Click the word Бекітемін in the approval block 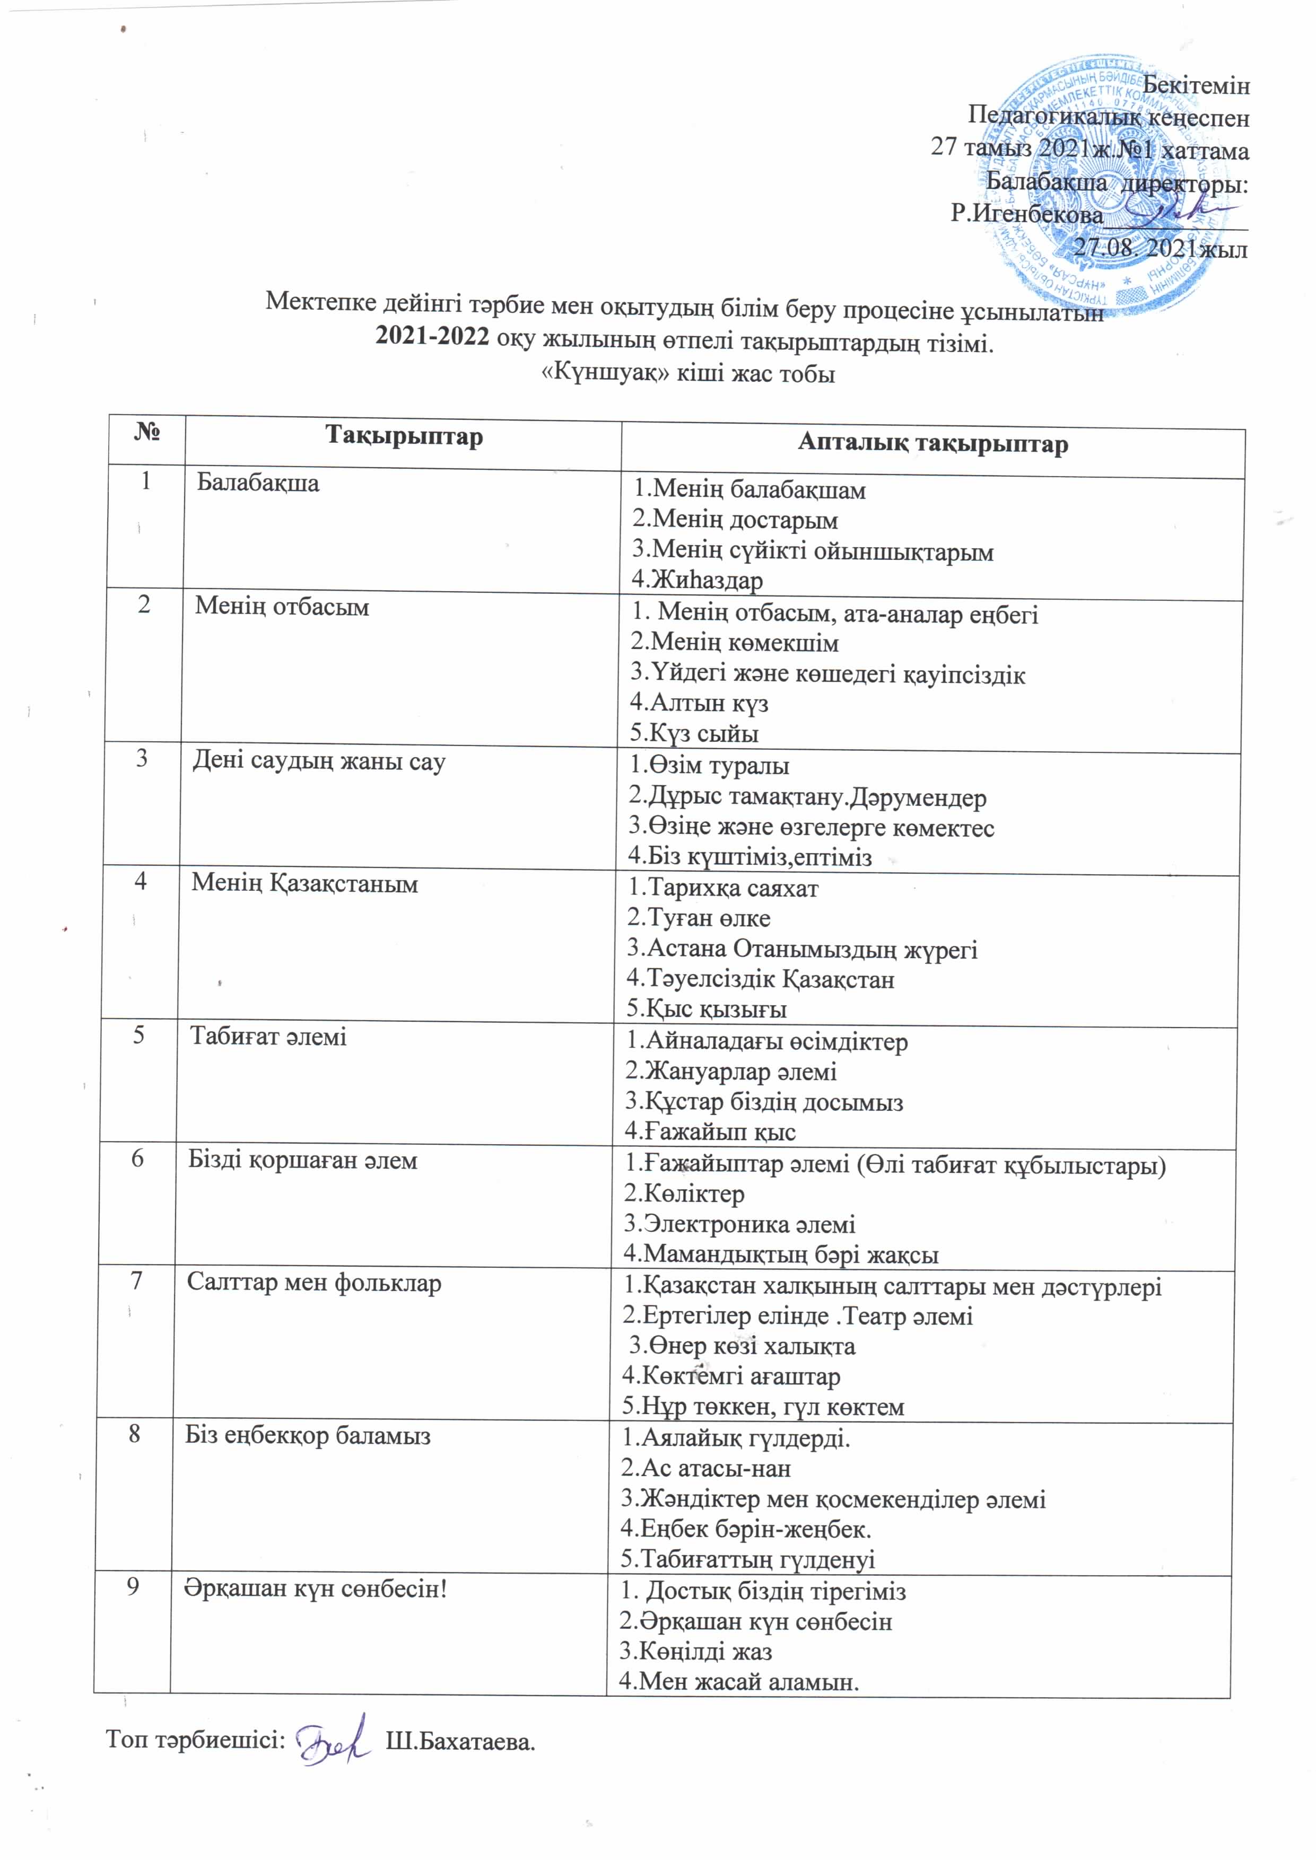coord(1195,85)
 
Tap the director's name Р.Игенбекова coord(1027,214)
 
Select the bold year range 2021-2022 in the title coord(432,338)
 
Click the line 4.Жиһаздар coord(698,580)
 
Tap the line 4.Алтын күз coord(699,703)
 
